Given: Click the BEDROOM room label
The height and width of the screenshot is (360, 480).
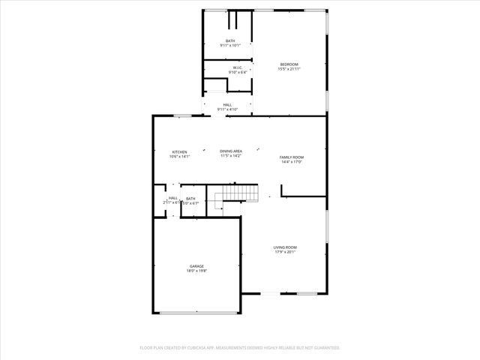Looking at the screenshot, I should click(x=289, y=64).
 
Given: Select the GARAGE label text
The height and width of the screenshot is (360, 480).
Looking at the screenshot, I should click(x=196, y=266).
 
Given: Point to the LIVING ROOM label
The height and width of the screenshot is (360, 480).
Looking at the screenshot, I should click(x=285, y=247).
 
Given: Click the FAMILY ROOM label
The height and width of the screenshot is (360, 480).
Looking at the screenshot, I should click(x=291, y=157).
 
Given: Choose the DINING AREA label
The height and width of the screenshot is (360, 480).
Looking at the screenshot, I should click(x=231, y=151).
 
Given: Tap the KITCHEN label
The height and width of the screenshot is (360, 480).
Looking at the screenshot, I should click(x=179, y=151).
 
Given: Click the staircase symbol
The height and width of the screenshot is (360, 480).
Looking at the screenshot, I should click(x=232, y=197).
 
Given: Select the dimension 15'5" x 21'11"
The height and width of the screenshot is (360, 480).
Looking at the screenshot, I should click(x=289, y=69).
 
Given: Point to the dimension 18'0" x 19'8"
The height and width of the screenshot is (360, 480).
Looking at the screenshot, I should click(x=196, y=271).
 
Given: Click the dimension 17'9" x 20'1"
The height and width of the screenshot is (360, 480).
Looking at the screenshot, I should click(x=285, y=251).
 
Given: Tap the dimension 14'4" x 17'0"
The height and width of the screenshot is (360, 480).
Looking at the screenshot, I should click(x=291, y=161).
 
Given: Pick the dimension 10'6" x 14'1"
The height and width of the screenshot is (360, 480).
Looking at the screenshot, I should click(x=179, y=156).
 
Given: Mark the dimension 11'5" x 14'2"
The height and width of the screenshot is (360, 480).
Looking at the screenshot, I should click(x=231, y=156).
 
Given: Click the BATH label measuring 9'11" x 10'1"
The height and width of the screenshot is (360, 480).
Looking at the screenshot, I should click(x=230, y=40).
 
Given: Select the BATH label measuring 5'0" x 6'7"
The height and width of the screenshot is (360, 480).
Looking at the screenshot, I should click(x=190, y=198).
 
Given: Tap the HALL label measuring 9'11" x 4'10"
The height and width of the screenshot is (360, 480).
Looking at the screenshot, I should click(x=227, y=105).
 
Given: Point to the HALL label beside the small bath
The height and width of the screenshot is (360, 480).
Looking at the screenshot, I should click(x=173, y=198).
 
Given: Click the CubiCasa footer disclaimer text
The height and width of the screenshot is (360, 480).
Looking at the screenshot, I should click(x=240, y=347).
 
